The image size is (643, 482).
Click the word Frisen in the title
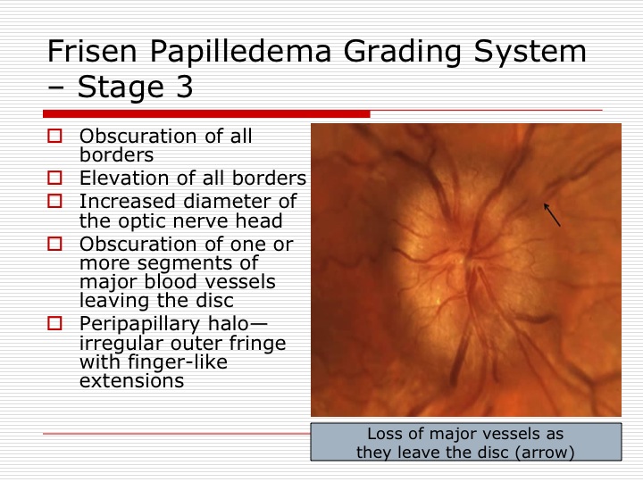[x=92, y=51]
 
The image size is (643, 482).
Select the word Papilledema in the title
[x=240, y=52]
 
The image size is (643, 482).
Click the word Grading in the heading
[x=402, y=52]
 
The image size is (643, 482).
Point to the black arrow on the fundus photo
[x=552, y=215]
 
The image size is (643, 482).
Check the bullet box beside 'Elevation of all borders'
[x=55, y=178]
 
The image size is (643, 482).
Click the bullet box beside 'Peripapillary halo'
[x=55, y=323]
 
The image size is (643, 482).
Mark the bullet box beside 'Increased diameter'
[x=55, y=201]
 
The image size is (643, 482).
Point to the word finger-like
[x=178, y=362]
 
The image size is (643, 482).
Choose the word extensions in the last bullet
[x=131, y=381]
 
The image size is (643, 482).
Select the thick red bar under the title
[x=206, y=113]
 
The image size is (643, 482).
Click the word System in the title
[x=530, y=52]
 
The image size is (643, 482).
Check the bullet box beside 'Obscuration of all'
[x=55, y=136]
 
